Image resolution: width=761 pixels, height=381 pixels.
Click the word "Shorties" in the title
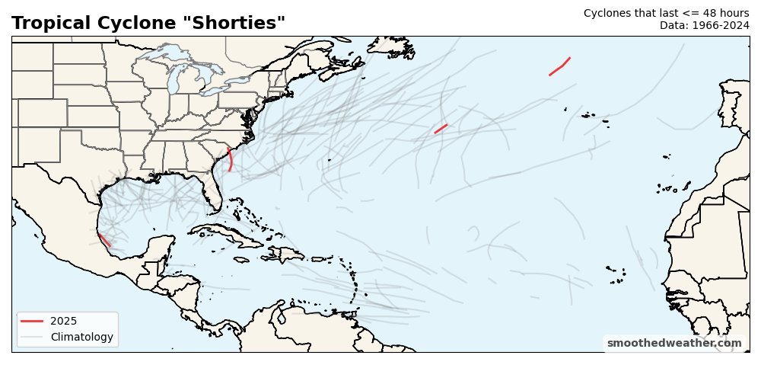click(237, 23)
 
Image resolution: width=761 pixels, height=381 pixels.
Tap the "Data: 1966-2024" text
click(704, 25)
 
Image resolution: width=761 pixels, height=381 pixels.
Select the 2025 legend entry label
click(63, 321)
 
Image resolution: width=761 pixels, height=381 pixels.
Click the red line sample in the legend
click(32, 321)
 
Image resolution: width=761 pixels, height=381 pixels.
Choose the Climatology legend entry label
click(81, 337)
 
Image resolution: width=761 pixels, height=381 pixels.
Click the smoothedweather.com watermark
click(674, 343)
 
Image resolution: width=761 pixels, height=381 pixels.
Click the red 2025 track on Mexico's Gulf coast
click(104, 240)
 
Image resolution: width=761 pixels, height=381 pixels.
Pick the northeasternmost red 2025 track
click(559, 67)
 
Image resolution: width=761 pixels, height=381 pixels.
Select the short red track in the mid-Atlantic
click(441, 129)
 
